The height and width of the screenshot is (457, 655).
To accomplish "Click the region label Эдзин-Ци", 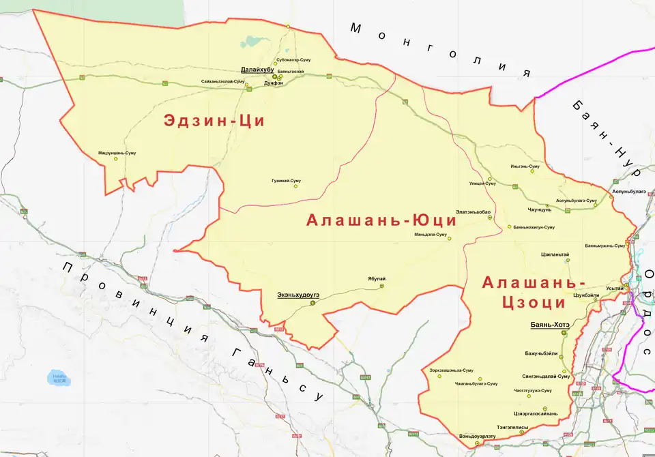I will [x=213, y=121].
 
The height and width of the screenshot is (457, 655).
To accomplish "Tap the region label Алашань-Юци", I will [x=381, y=220].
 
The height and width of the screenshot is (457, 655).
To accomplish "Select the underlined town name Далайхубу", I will [x=257, y=70].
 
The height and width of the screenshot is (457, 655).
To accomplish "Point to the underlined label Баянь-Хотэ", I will [x=550, y=325].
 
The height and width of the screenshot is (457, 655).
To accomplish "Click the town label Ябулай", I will [x=377, y=279].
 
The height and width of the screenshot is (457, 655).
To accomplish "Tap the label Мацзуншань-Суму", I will [x=117, y=153].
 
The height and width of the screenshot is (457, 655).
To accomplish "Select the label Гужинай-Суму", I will [x=286, y=181].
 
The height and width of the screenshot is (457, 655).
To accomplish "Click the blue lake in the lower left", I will [x=57, y=377].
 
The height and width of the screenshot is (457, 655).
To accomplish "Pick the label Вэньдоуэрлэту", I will [x=478, y=436].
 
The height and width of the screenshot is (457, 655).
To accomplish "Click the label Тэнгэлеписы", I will [x=512, y=427].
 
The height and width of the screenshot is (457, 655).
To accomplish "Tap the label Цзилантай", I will [x=555, y=254].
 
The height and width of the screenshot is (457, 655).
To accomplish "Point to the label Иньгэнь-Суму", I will [x=525, y=166].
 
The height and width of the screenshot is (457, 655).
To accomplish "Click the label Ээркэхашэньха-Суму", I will [x=451, y=370].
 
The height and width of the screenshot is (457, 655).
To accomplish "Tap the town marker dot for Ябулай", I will [x=381, y=286].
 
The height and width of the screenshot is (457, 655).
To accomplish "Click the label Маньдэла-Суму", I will [x=431, y=234].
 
